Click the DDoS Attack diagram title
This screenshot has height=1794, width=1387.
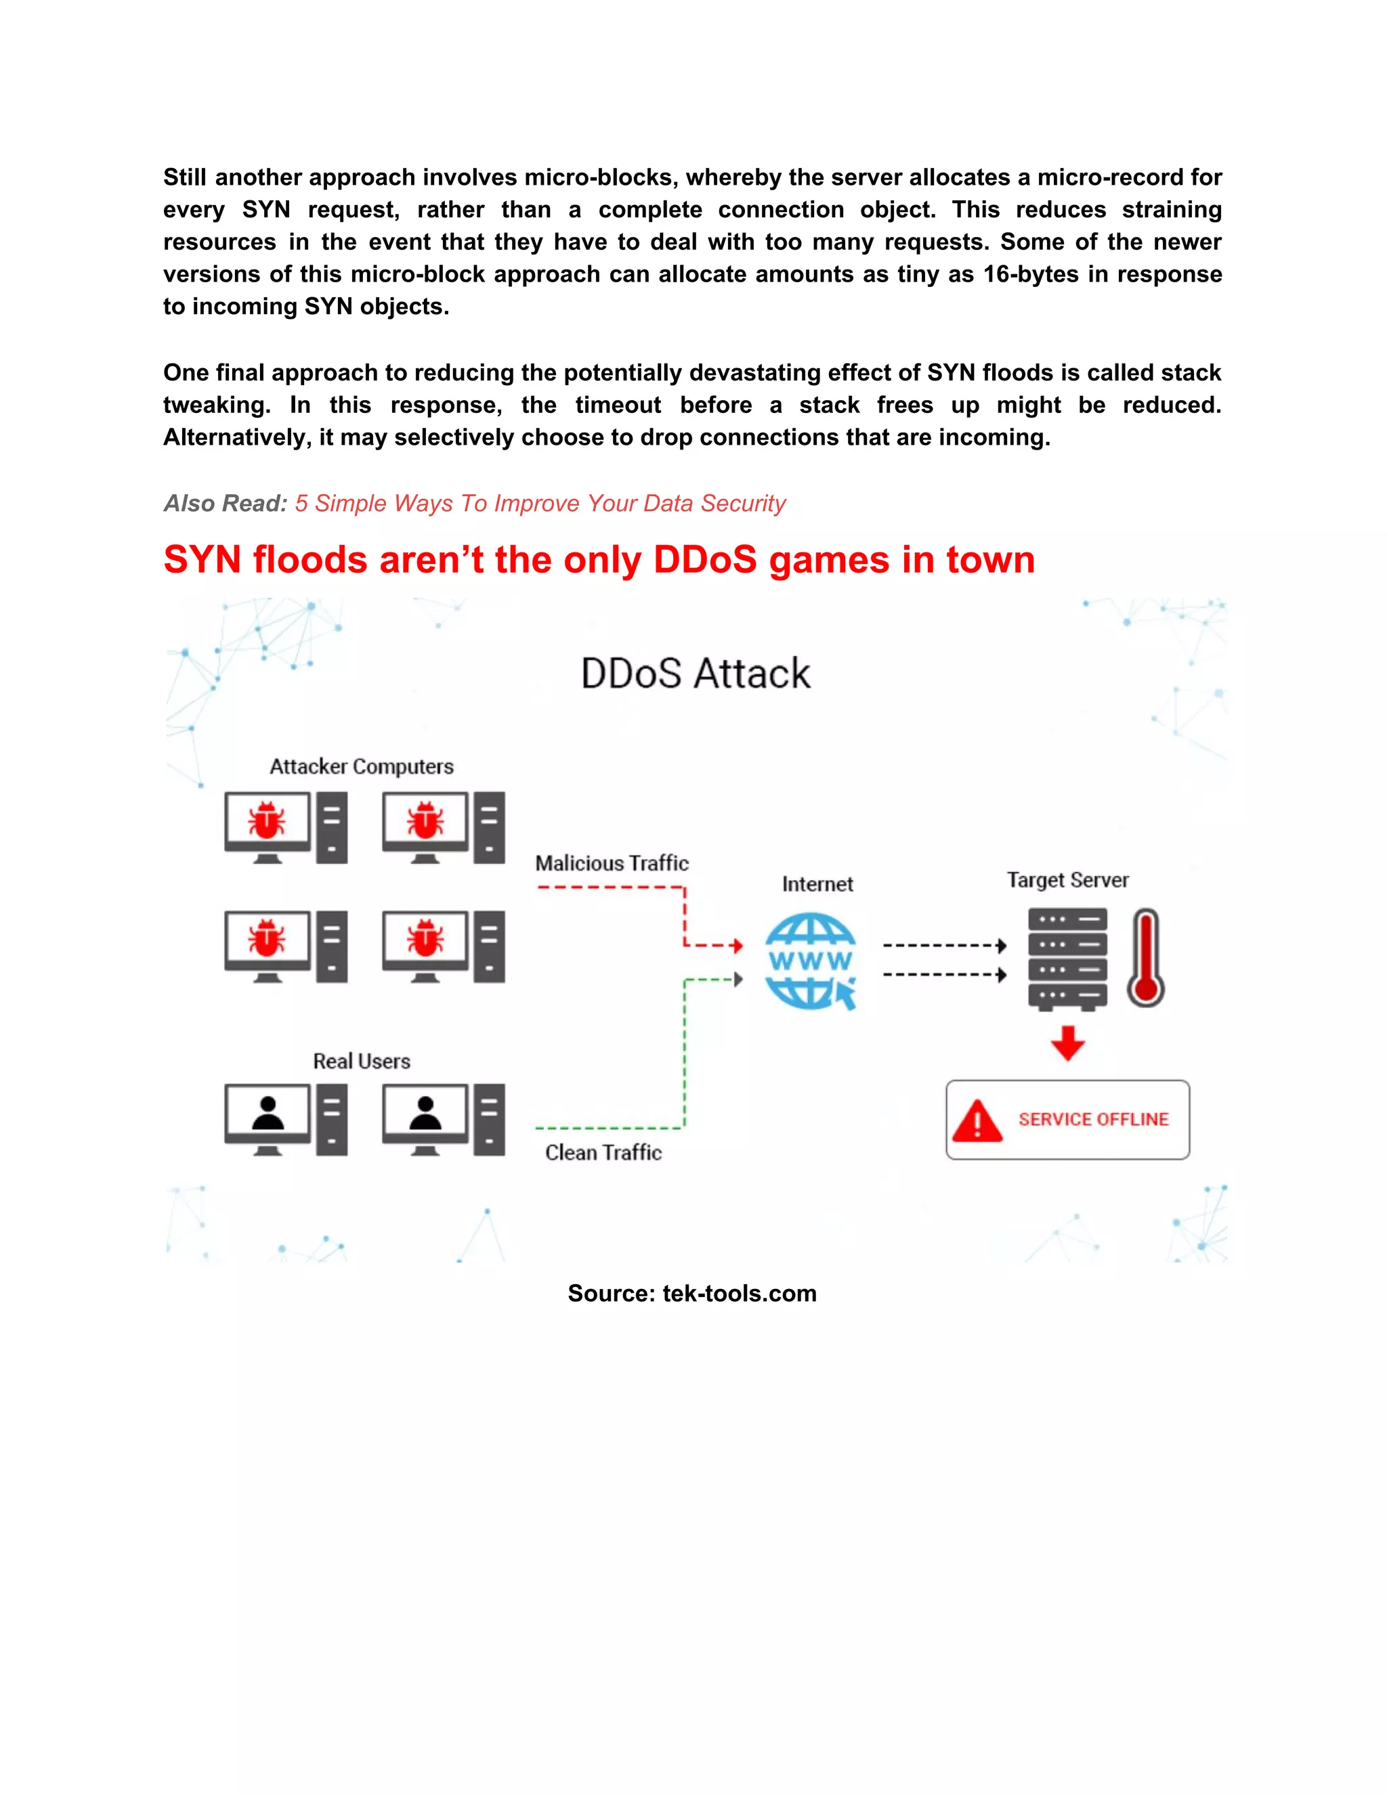[x=695, y=674]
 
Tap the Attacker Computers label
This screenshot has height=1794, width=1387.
[x=362, y=766]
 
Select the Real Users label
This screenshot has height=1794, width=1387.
[x=362, y=1062]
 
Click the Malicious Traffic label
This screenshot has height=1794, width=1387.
[x=612, y=863]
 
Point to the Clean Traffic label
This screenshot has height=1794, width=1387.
[x=603, y=1152]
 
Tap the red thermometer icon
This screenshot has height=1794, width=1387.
[x=1145, y=958]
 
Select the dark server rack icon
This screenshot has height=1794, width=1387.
[x=1067, y=958]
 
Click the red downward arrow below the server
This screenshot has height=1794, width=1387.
[x=1067, y=1043]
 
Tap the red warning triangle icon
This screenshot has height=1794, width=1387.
[x=977, y=1121]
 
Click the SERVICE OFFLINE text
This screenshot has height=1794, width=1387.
[x=1093, y=1120]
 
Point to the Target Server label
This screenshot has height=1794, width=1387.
[x=1067, y=881]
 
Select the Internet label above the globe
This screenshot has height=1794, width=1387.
[x=817, y=885]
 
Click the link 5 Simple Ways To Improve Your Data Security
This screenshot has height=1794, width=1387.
[x=540, y=504]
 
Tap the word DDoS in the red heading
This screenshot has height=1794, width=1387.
[x=704, y=561]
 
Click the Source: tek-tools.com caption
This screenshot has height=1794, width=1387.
[x=692, y=1294]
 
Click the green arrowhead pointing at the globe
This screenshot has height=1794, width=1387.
[x=738, y=979]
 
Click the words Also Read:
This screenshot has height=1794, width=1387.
[x=225, y=504]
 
